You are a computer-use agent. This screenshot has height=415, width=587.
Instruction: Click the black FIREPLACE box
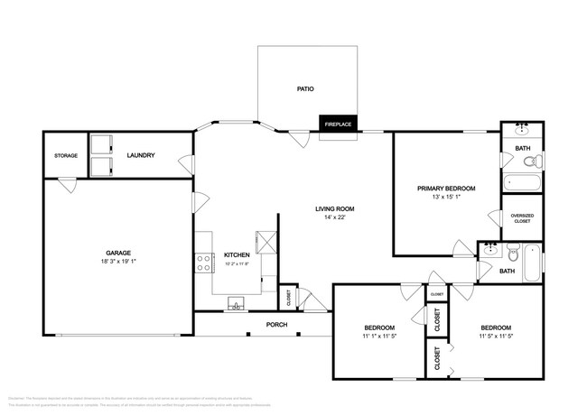pyautogui.click(x=337, y=124)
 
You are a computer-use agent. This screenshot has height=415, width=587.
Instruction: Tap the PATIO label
pyautogui.click(x=305, y=88)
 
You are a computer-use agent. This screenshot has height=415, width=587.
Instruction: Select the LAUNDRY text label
pyautogui.click(x=141, y=155)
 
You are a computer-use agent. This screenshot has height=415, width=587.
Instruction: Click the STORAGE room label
pyautogui.click(x=65, y=155)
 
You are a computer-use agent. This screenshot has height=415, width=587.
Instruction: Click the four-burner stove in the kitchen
pyautogui.click(x=203, y=262)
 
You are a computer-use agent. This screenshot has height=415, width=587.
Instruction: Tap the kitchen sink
pyautogui.click(x=238, y=303)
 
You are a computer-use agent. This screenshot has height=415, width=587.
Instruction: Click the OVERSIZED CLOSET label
pyautogui.click(x=522, y=218)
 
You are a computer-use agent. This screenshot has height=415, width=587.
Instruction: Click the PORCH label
pyautogui.click(x=276, y=325)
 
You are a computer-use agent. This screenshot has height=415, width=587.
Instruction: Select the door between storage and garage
pyautogui.click(x=68, y=184)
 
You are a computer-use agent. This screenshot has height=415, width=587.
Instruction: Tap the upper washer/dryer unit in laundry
pyautogui.click(x=99, y=145)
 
